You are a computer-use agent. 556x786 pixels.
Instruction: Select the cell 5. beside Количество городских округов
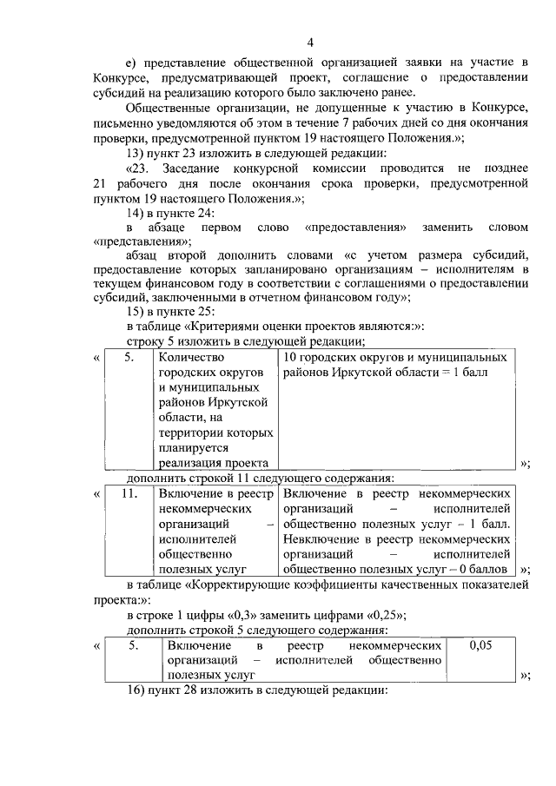(x=129, y=357)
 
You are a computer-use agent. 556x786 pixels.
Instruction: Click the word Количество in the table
(x=191, y=357)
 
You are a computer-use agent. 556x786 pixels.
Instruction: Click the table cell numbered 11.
(x=129, y=493)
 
